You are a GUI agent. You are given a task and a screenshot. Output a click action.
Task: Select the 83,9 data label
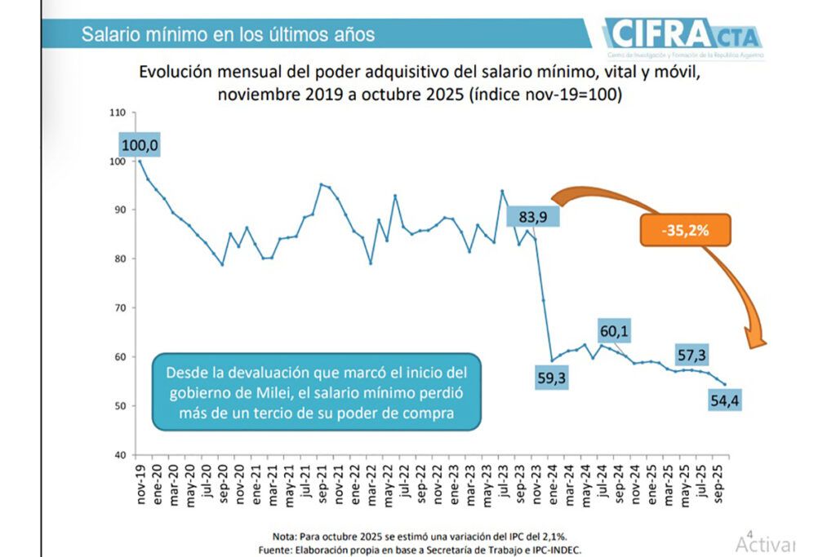pos(536,216)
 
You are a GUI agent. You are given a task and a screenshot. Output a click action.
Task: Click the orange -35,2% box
pos(684,230)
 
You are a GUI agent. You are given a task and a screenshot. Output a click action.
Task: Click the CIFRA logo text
pos(663,35)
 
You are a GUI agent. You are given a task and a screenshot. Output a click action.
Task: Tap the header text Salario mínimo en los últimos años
pos(228,35)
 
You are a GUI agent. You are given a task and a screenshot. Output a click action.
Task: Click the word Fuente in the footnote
pos(275,550)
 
